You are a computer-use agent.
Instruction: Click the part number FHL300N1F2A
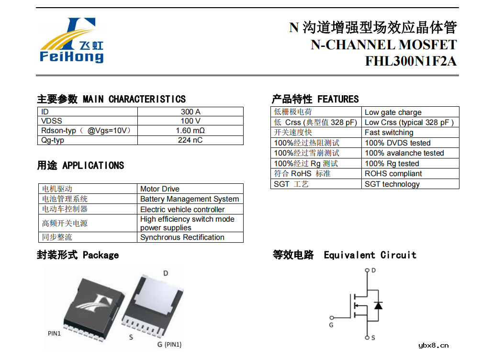point(411,62)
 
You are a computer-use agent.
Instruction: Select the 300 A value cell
point(190,112)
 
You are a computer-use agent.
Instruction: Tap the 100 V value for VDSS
point(190,121)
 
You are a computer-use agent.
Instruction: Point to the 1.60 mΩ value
point(190,131)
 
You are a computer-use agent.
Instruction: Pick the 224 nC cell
point(190,140)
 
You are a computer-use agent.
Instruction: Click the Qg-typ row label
point(53,140)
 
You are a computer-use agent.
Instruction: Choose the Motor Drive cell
point(160,189)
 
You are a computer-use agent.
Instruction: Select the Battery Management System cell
point(190,199)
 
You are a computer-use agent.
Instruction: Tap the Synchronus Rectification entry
point(182,237)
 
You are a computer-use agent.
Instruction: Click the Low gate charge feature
point(393,112)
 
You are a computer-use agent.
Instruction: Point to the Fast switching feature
point(389,133)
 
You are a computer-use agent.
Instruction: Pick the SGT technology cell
point(392,184)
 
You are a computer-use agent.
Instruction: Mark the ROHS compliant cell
point(393,174)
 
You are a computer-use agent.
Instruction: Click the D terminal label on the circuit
point(373,270)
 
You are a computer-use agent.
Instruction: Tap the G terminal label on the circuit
point(331,325)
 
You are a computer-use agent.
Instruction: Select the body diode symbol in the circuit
point(378,305)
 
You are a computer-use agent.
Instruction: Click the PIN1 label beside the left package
point(54,333)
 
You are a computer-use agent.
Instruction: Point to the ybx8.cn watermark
point(433,346)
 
